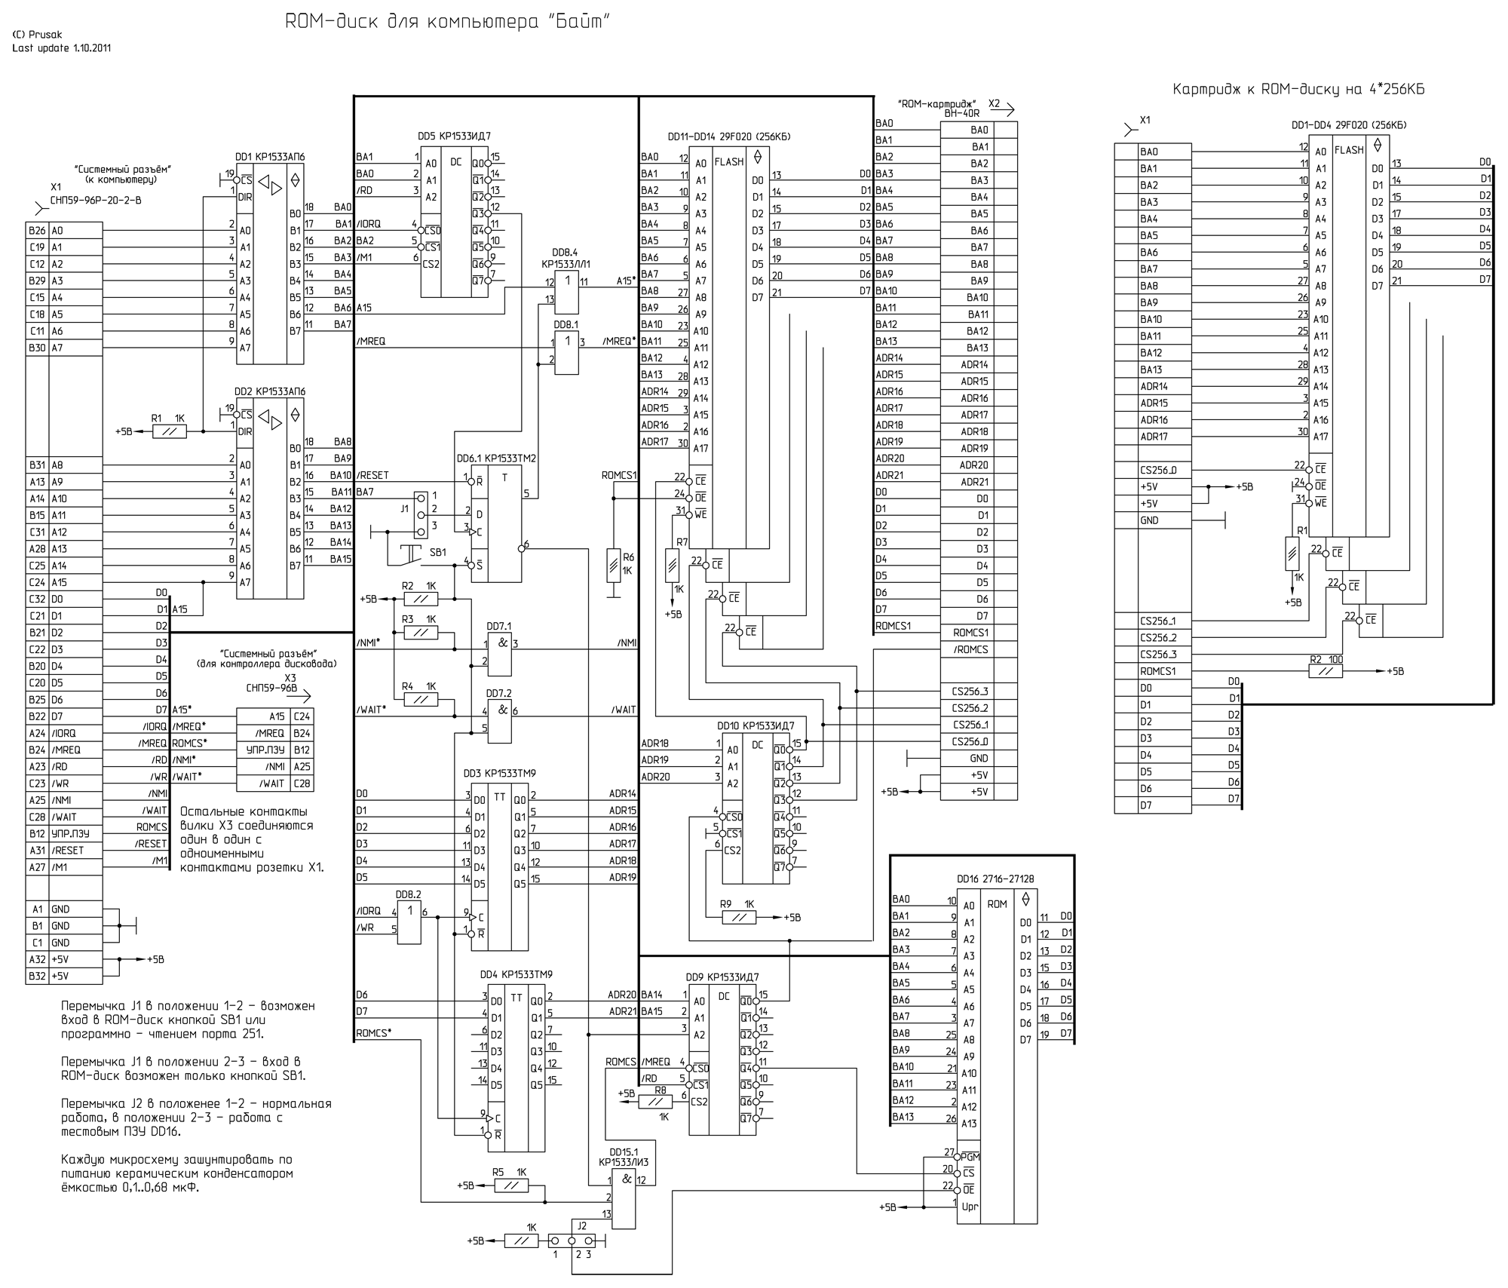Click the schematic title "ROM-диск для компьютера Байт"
pos(447,22)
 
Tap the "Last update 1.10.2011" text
pos(62,48)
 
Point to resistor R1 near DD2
pos(169,431)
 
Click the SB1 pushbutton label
pos(437,552)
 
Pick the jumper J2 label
pos(581,1225)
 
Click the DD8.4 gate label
pos(565,258)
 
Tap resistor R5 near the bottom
pos(510,1185)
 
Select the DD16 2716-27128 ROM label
pos(996,879)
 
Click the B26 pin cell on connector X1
pos(37,231)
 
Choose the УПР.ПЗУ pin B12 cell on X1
pos(37,834)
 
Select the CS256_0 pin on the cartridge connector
pos(1158,470)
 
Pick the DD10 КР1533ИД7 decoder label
pos(756,725)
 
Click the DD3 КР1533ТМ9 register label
pos(499,773)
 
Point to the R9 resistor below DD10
pos(738,917)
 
